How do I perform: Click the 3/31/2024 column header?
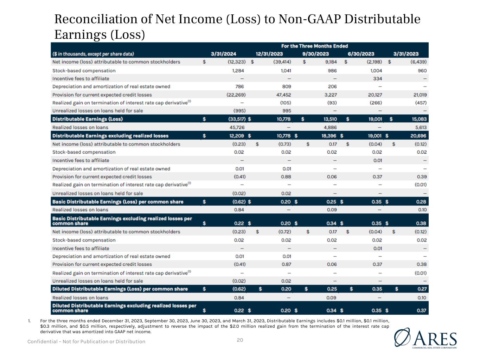(x=223, y=54)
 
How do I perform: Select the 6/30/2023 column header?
(x=361, y=54)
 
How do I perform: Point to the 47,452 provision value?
(x=283, y=95)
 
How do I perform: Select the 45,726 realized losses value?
(x=237, y=127)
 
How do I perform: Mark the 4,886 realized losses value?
(x=330, y=127)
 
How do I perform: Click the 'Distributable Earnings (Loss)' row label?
(x=88, y=119)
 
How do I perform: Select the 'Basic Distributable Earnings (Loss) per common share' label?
(x=118, y=202)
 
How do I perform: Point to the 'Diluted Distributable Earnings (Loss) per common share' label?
(x=120, y=289)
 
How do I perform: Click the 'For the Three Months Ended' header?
(x=314, y=46)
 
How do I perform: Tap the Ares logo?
(x=426, y=339)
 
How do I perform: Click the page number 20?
(x=240, y=340)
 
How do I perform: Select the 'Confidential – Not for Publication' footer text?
(x=86, y=341)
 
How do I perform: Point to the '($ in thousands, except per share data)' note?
(x=93, y=54)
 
